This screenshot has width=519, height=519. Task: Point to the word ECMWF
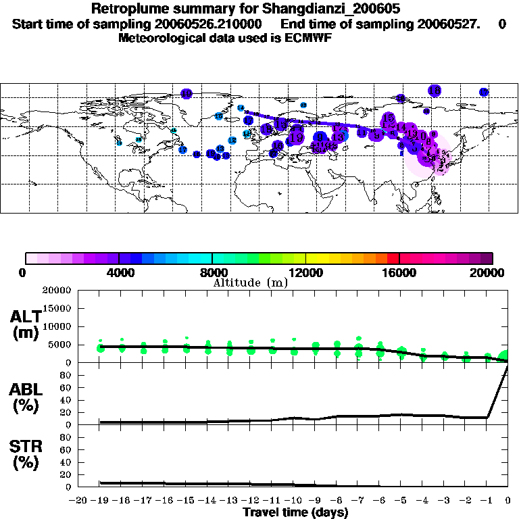(307, 38)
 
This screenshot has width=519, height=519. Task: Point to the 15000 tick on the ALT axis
(57, 308)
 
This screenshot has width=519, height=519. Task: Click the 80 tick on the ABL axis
(66, 375)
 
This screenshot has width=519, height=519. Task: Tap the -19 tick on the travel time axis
(100, 501)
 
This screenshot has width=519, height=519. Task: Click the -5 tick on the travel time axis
(400, 501)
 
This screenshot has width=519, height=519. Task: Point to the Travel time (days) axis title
(296, 512)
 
